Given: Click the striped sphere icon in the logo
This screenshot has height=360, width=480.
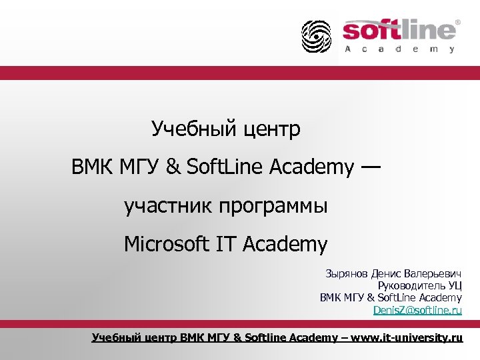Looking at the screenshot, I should click(x=315, y=36).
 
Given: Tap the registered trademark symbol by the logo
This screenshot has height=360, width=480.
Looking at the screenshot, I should click(x=457, y=22).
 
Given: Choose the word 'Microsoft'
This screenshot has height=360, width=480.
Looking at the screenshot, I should click(x=167, y=245).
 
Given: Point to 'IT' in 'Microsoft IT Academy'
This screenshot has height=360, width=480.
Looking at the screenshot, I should click(x=226, y=245).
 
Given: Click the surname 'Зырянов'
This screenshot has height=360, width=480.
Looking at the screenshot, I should click(x=346, y=274).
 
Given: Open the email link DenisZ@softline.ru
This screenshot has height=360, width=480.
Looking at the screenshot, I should click(x=417, y=311).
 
